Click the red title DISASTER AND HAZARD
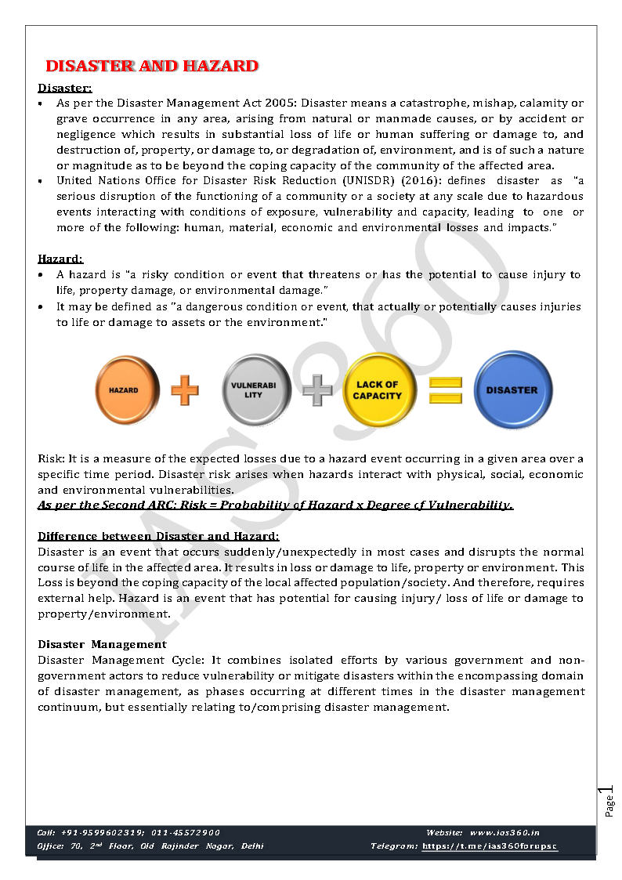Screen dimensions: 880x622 151,66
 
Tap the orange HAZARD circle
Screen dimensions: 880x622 124,389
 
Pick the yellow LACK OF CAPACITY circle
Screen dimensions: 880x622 378,389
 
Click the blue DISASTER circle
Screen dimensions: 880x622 512,389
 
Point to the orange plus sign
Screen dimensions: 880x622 185,389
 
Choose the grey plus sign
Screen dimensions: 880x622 316,389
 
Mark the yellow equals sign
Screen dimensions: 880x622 445,390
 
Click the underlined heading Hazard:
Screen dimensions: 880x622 60,259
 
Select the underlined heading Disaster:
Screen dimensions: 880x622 65,88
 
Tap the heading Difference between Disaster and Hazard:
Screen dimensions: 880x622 158,536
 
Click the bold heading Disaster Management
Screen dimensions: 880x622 102,644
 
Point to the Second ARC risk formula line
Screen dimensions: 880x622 275,505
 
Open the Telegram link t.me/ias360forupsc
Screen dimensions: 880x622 490,846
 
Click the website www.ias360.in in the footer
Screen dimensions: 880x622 504,832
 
